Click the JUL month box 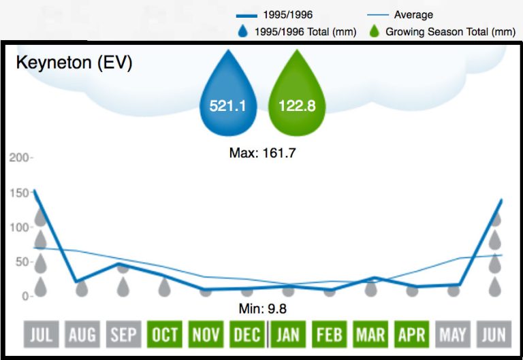[x=42, y=334]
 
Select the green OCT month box [x=165, y=334]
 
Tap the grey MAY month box [x=453, y=334]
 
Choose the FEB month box [x=330, y=334]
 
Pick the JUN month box [x=494, y=334]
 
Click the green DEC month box [x=247, y=334]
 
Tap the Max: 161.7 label [x=262, y=153]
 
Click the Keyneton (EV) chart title [x=74, y=63]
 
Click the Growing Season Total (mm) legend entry [x=442, y=31]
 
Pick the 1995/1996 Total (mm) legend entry [x=300, y=31]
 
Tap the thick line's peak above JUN [x=502, y=200]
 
